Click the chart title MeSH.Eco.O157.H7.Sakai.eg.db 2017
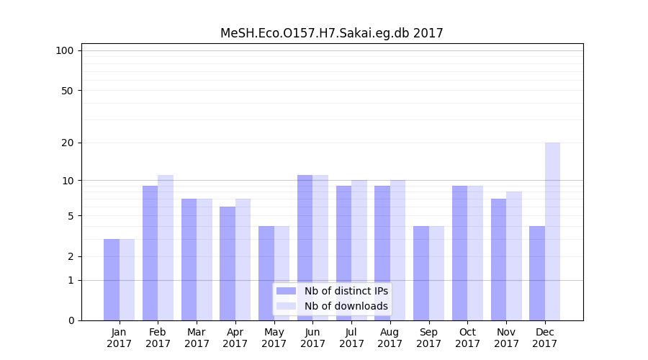331,33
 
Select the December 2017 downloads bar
552,231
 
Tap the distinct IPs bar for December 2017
537,273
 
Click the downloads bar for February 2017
166,248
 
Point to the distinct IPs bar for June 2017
305,248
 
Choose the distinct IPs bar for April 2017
228,264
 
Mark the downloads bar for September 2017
436,273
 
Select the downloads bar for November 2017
514,256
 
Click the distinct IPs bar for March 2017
189,259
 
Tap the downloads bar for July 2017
359,250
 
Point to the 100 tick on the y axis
65,50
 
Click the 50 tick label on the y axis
68,91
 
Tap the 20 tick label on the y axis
68,143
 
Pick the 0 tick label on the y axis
71,320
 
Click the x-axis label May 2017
274,338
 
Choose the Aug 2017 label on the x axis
390,338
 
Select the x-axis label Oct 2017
468,338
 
